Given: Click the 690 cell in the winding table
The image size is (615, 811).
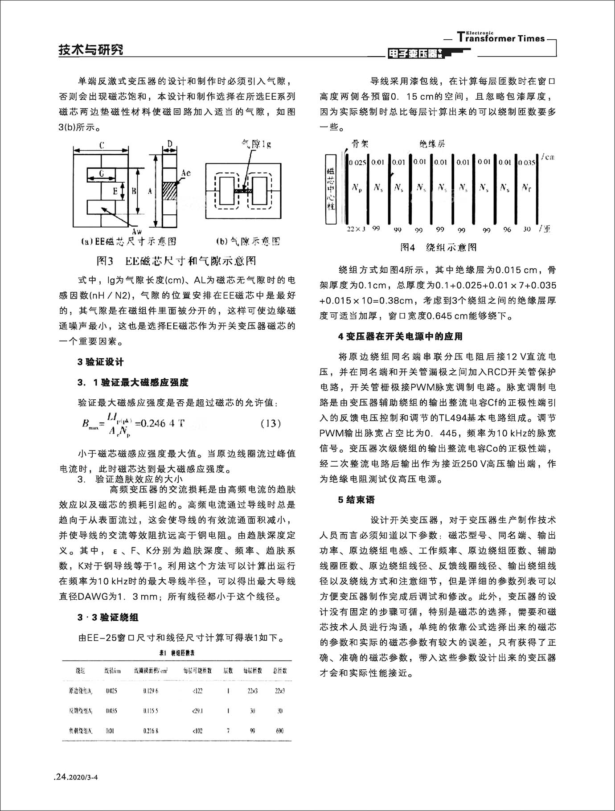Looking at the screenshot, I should click(280, 731).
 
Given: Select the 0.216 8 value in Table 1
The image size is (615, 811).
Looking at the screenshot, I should click(151, 731).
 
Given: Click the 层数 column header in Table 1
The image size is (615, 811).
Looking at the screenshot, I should click(228, 671).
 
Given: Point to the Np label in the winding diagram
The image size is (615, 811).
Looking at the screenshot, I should click(357, 188).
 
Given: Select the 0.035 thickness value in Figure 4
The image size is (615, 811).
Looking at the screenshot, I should click(526, 163).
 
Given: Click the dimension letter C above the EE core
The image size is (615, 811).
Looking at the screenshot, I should click(102, 145).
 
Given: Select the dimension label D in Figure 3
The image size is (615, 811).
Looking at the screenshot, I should click(170, 143).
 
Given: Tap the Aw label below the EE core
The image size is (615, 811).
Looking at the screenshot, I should click(137, 232).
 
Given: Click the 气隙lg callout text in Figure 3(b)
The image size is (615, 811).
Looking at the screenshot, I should click(256, 144).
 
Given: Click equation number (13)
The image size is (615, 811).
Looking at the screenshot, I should click(270, 423).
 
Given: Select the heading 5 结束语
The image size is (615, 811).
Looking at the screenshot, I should click(356, 500).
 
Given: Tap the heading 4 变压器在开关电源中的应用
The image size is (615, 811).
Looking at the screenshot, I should click(400, 336).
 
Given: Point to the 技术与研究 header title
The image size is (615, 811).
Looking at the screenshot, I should click(91, 50).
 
